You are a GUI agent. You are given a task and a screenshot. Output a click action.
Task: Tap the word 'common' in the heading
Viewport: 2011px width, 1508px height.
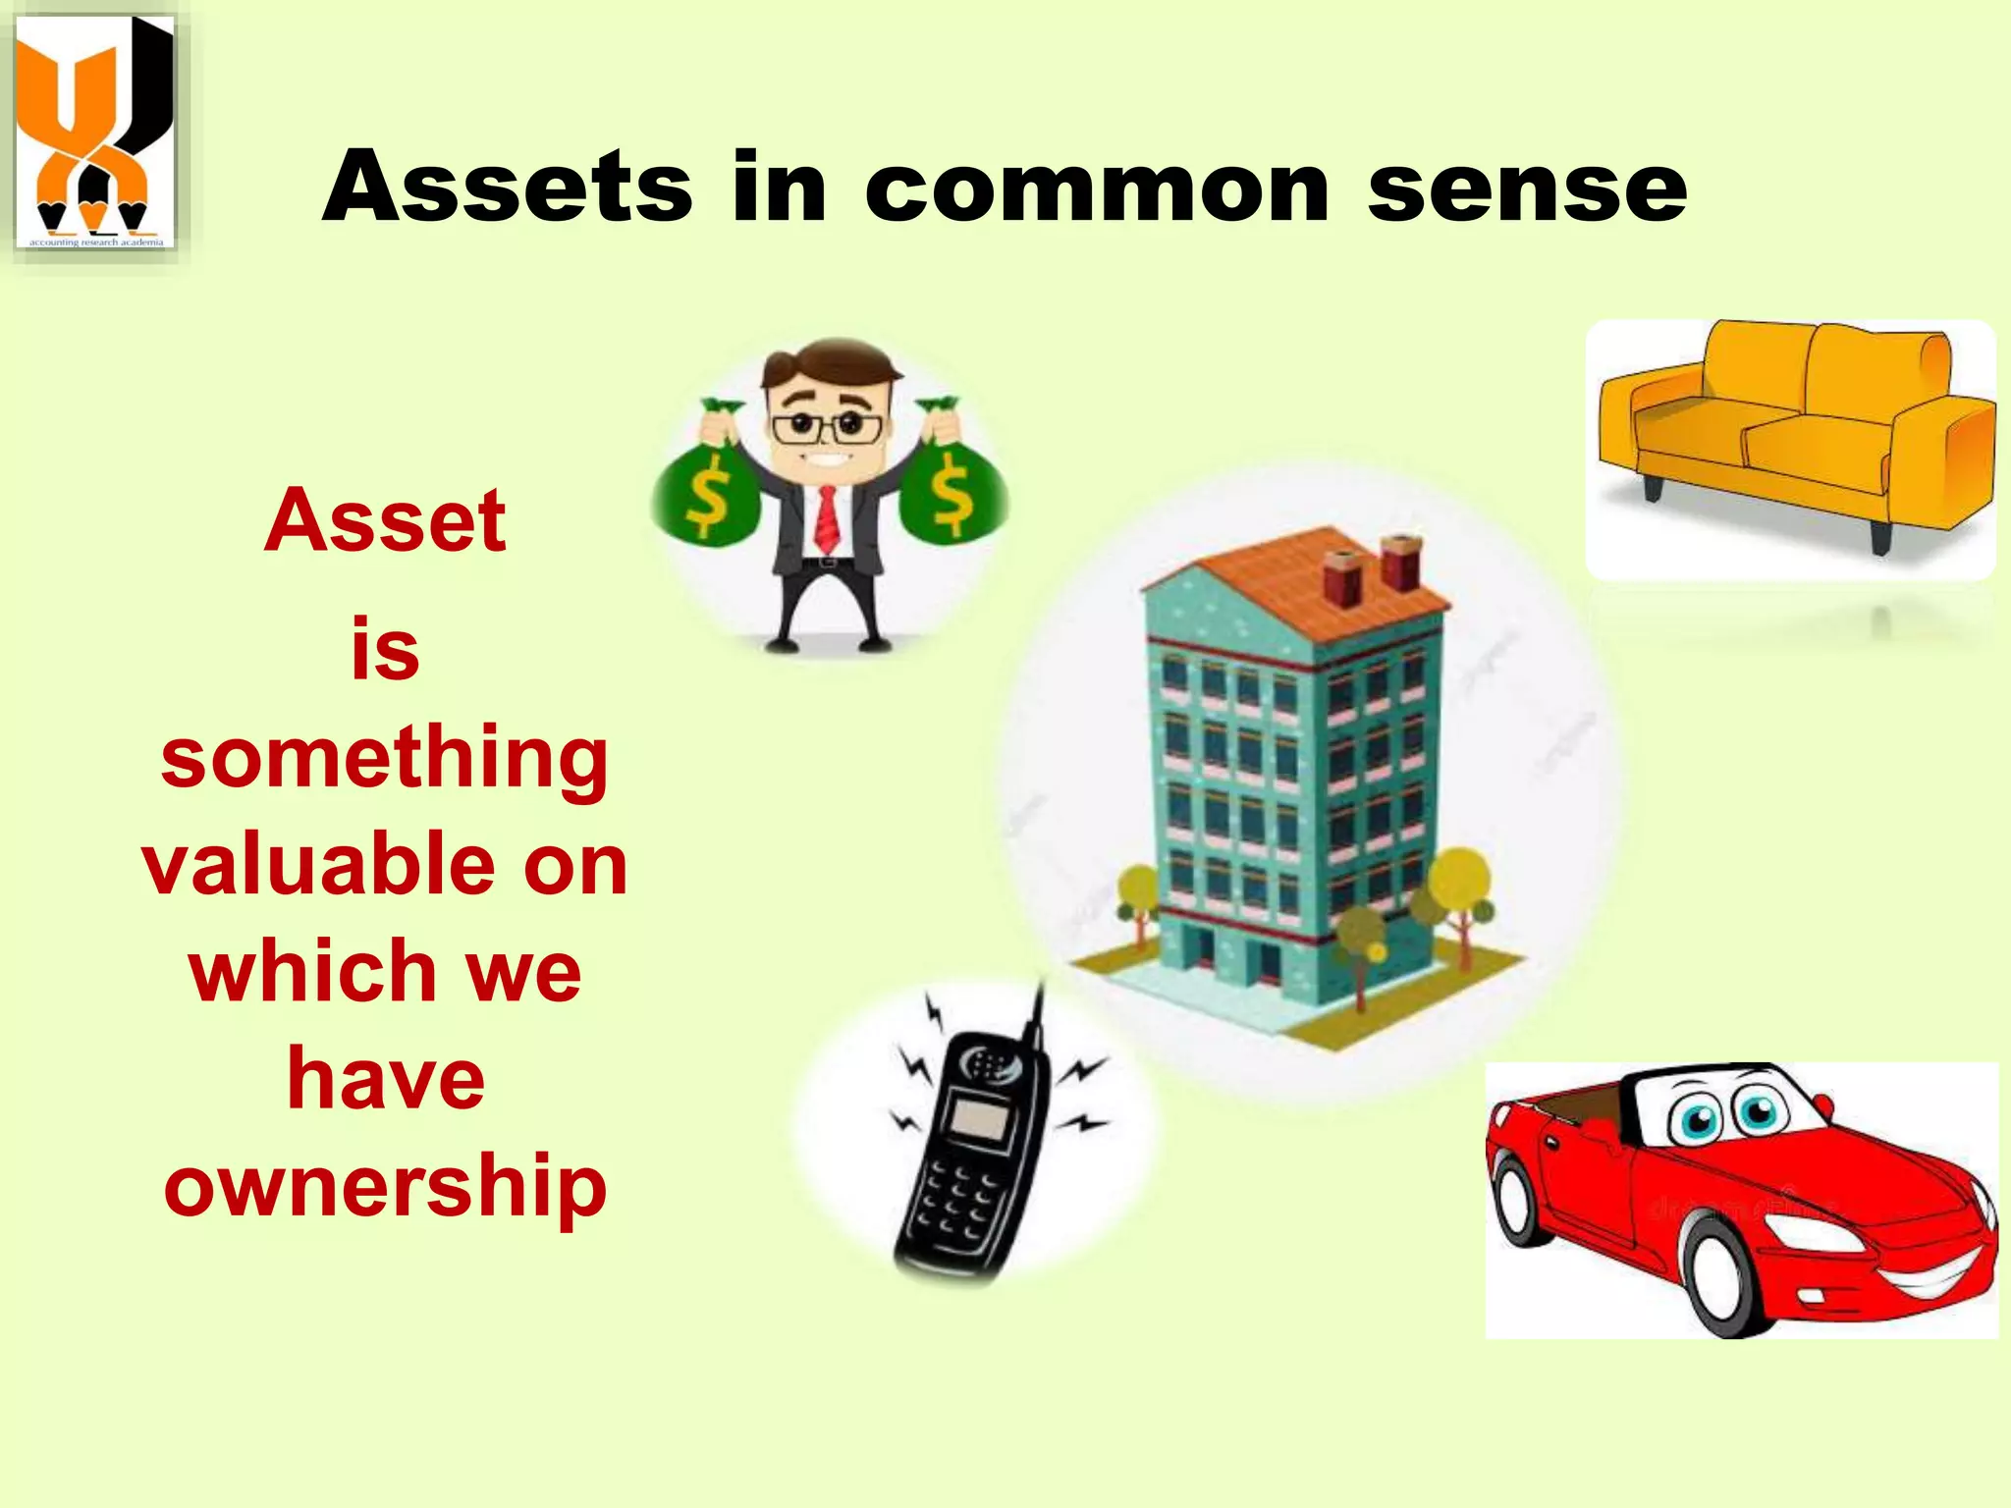coord(1097,188)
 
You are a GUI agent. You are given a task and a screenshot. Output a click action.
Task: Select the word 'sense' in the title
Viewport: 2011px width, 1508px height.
coord(1527,188)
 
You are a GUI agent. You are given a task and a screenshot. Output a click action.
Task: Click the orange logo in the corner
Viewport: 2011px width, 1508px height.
coord(94,133)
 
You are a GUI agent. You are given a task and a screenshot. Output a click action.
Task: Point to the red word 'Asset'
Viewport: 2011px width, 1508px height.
coord(385,520)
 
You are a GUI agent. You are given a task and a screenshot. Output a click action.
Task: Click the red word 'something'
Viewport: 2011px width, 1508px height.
coord(385,761)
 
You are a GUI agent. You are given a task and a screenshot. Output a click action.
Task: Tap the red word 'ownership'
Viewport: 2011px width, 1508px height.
coord(385,1186)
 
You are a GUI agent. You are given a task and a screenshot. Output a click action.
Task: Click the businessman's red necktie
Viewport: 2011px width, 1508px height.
coord(827,520)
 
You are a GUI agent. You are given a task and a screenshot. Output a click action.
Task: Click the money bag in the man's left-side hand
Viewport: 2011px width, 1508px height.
coord(704,486)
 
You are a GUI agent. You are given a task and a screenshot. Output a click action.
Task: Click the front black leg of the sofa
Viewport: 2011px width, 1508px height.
coord(1880,535)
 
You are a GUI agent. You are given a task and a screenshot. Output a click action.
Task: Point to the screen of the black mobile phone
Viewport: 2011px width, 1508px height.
coord(982,1119)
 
